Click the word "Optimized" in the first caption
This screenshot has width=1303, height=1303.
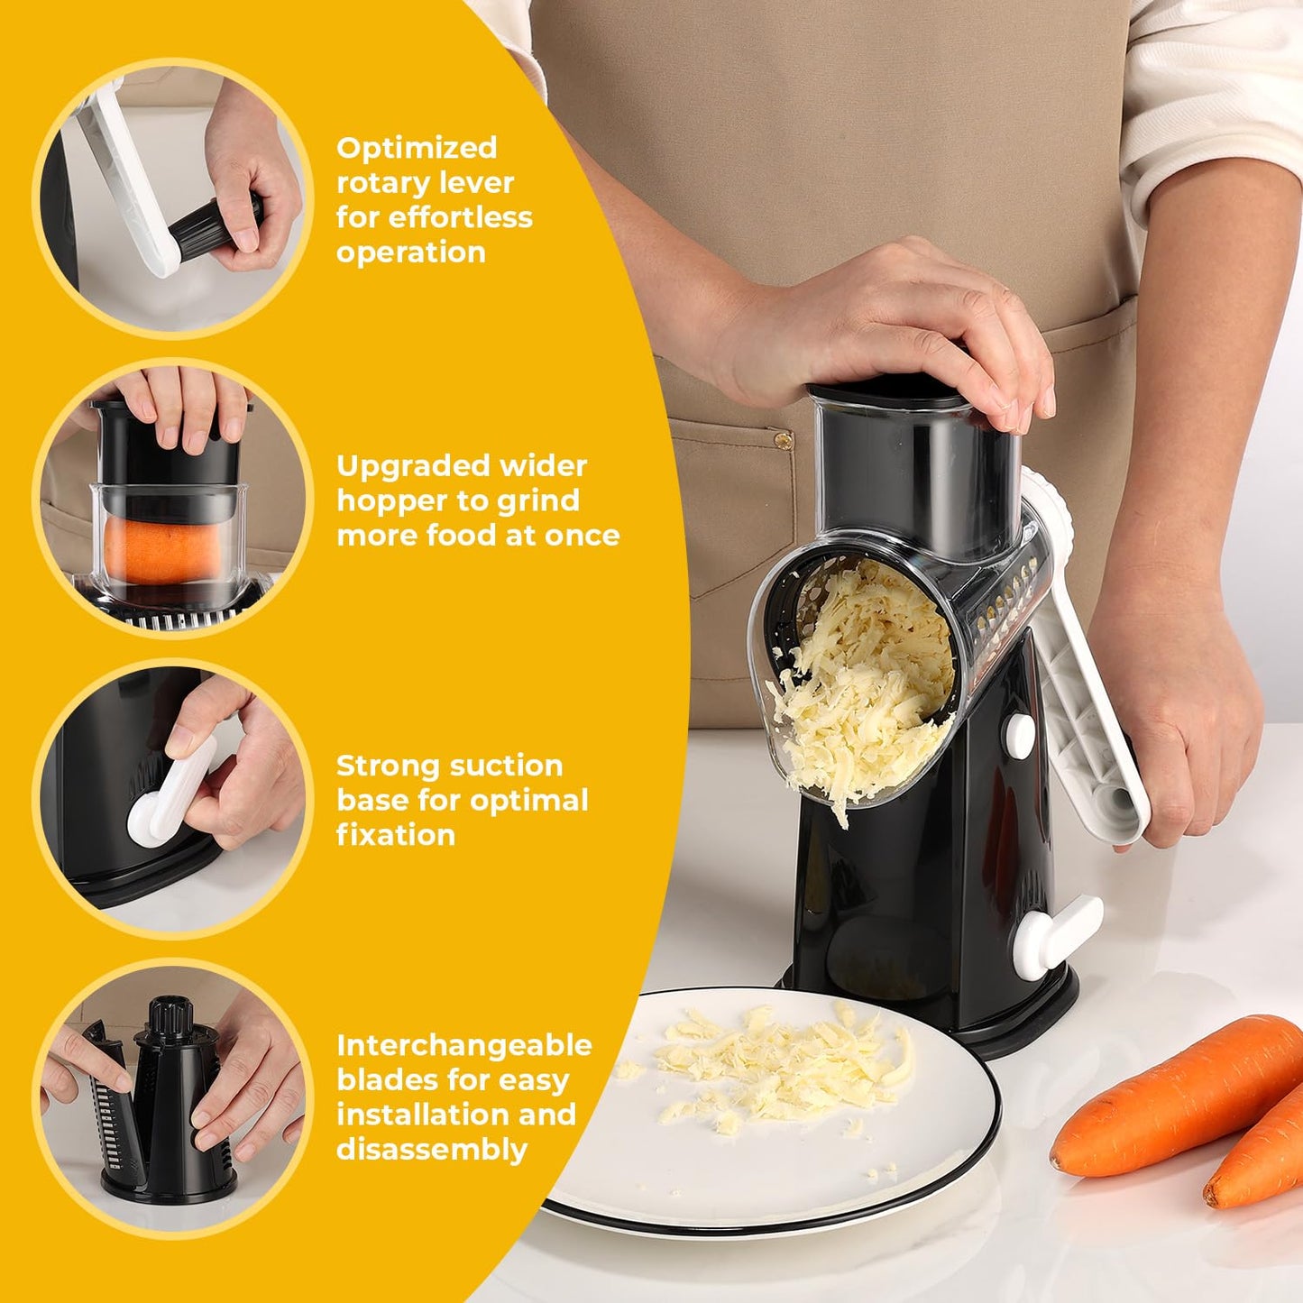[x=417, y=147]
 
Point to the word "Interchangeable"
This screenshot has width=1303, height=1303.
[x=463, y=1045]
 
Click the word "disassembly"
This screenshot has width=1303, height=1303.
[x=431, y=1150]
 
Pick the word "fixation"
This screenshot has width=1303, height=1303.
[x=395, y=835]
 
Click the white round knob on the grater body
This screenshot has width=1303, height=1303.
[x=1020, y=735]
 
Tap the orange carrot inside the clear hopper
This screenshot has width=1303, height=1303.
[x=153, y=550]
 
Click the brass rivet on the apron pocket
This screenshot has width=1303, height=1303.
[x=783, y=441]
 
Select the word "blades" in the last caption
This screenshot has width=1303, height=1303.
[x=392, y=1080]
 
